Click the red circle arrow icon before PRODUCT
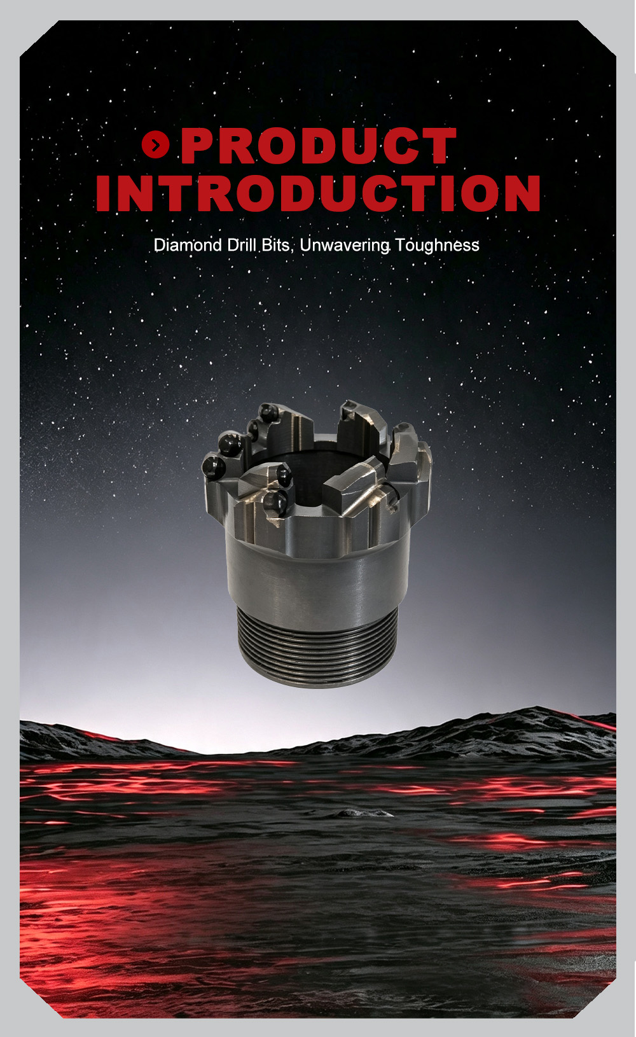point(156,145)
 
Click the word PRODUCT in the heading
point(319,146)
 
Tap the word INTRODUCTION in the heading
point(318,193)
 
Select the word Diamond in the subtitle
point(188,245)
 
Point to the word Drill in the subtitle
point(242,245)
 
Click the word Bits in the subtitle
point(275,245)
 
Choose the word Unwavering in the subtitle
point(345,246)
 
